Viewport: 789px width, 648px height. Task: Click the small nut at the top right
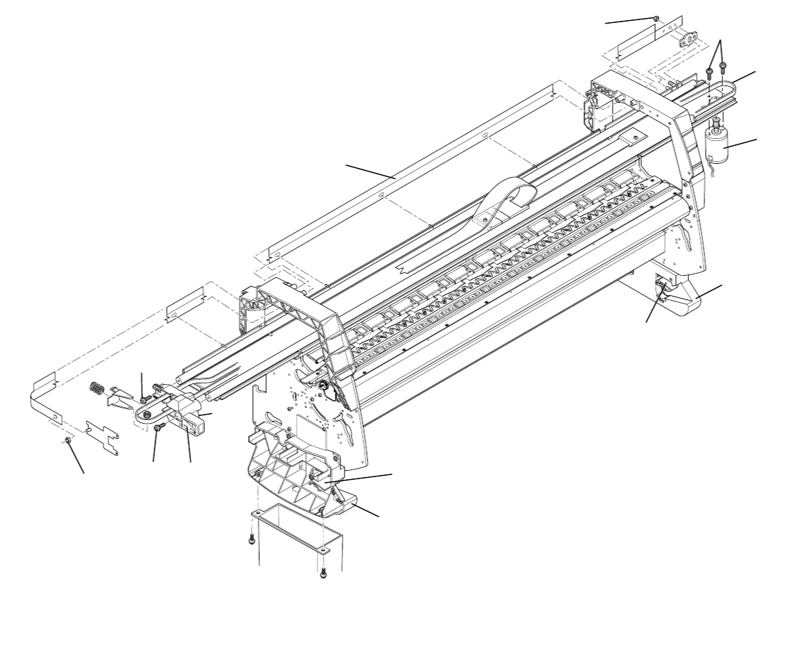[656, 19]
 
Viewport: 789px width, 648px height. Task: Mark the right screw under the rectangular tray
[323, 572]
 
